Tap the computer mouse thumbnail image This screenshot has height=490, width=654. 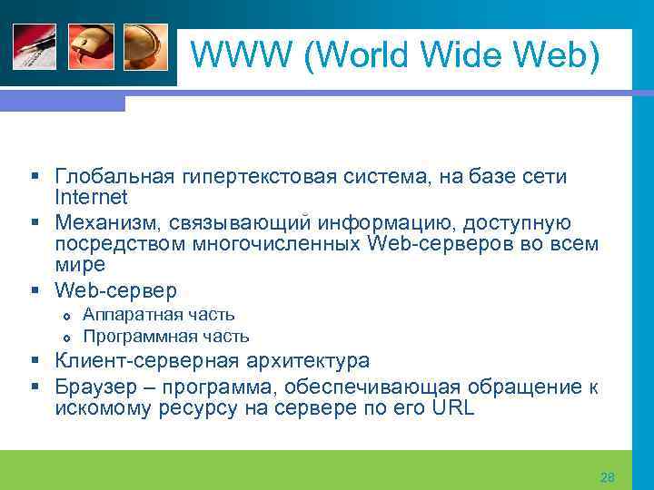91,46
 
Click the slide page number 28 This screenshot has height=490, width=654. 608,476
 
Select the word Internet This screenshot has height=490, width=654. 91,197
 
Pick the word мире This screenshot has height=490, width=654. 80,265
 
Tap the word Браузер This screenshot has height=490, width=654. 95,387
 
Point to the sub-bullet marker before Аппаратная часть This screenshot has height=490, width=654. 64,316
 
